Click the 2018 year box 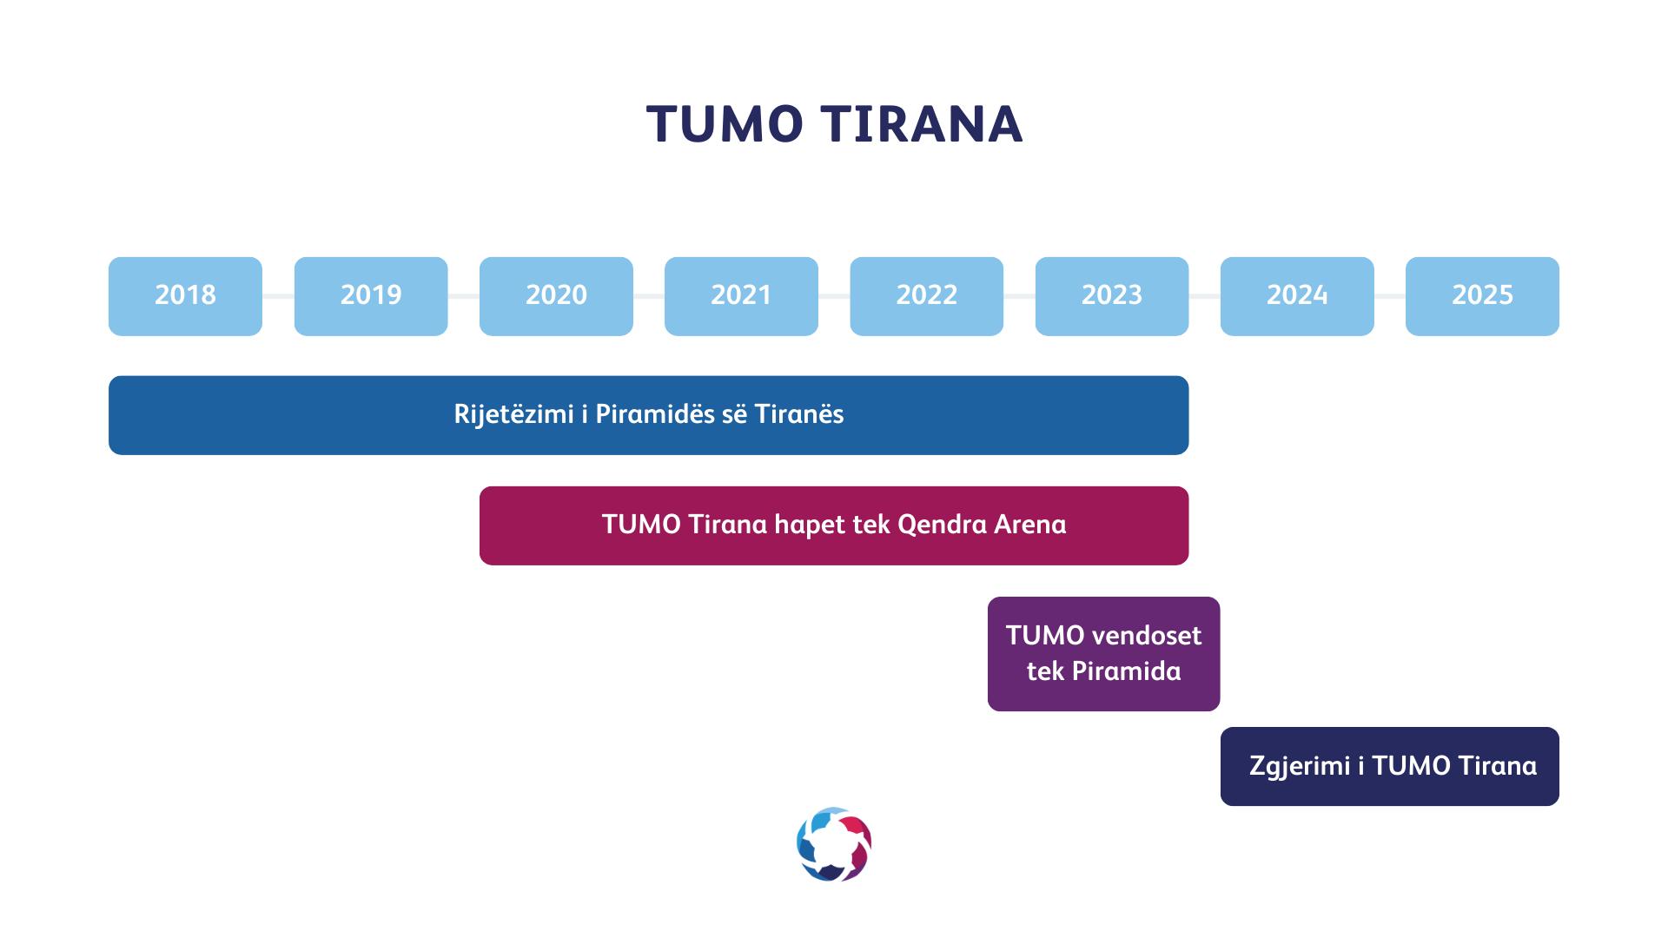coord(185,296)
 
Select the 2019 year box coord(371,296)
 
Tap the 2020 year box coord(556,296)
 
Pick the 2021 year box coord(741,296)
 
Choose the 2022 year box coord(927,296)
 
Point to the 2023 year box coord(1112,296)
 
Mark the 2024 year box coord(1297,296)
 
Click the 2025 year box coord(1482,296)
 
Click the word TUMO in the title coord(725,124)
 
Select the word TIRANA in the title coord(923,124)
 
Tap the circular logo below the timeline coord(834,844)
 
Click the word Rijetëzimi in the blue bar coord(513,414)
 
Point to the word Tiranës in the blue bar coord(798,413)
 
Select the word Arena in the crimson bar coord(1030,525)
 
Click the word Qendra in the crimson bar coord(943,525)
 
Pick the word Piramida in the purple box coord(1126,670)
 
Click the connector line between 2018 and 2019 coord(278,296)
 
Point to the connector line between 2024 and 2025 coord(1390,296)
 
